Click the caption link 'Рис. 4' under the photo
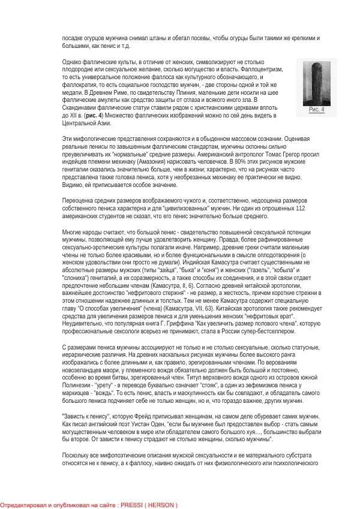coord(316,109)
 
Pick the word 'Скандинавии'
coord(82,107)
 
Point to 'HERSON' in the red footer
coord(162,505)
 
